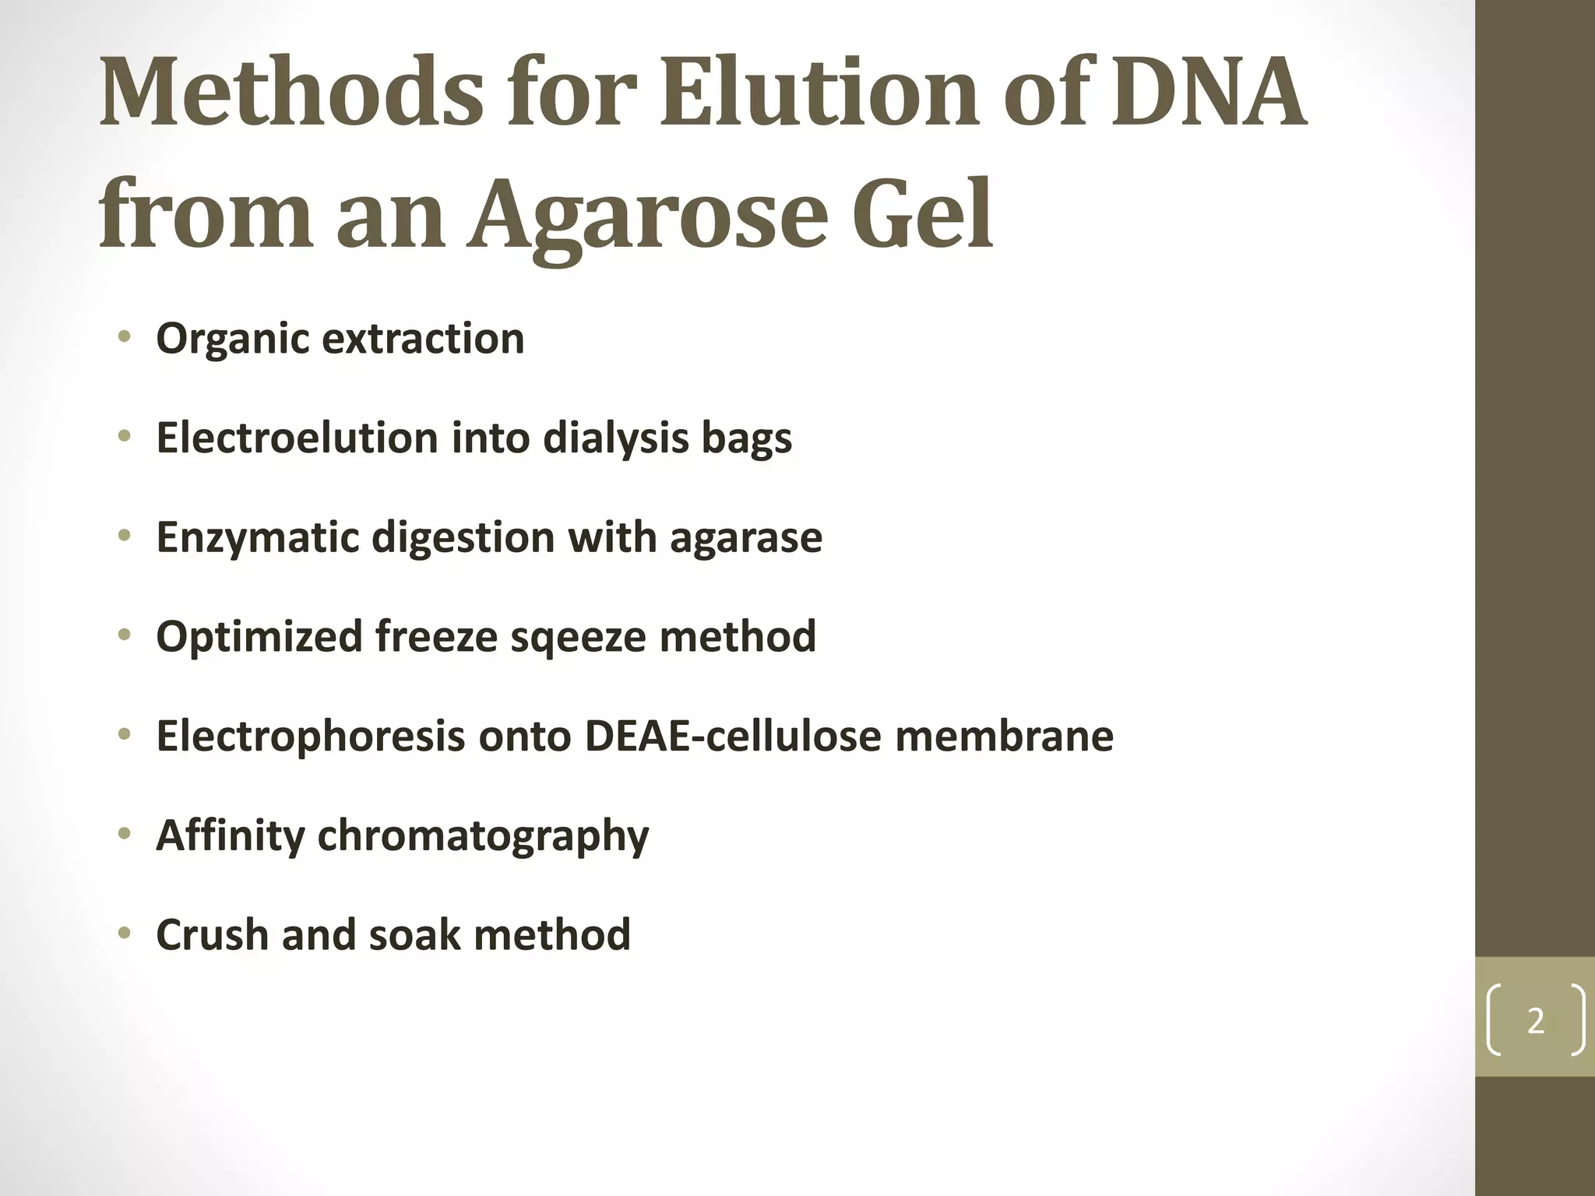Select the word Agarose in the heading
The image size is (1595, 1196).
click(x=646, y=214)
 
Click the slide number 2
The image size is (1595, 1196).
click(x=1535, y=1020)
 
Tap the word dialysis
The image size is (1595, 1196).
click(x=615, y=438)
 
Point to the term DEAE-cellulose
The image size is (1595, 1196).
click(x=732, y=736)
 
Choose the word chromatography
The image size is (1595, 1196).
click(x=483, y=836)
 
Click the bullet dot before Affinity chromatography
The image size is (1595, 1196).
click(x=124, y=835)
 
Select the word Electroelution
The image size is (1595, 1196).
click(x=297, y=438)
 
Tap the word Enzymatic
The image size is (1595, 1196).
click(x=257, y=537)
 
